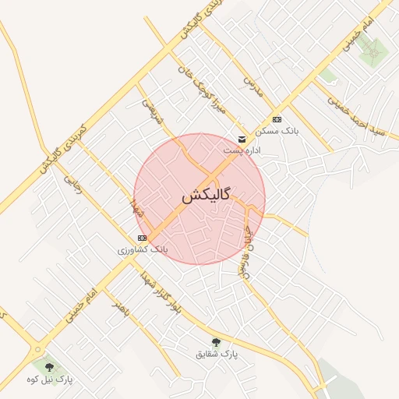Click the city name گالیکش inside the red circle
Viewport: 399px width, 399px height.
tap(206, 196)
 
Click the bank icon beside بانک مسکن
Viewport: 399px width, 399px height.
tap(277, 119)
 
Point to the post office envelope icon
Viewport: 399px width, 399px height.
tap(242, 139)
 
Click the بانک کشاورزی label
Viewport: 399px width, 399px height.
tap(143, 249)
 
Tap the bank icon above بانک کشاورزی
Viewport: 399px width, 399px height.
tap(141, 238)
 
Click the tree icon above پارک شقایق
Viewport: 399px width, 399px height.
tap(216, 342)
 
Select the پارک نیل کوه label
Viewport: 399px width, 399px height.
tap(49, 379)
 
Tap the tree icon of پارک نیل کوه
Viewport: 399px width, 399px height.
tap(49, 366)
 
